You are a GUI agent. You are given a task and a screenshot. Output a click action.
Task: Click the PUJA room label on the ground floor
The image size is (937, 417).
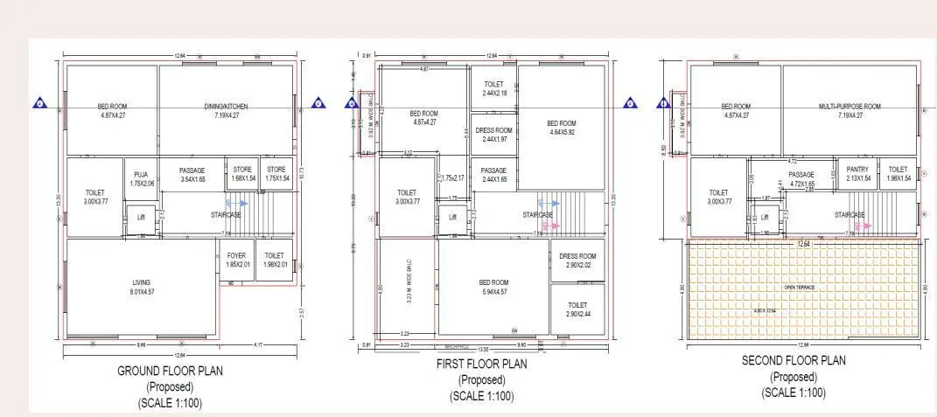[x=138, y=179]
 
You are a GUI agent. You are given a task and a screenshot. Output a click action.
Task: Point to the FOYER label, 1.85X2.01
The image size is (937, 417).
[x=236, y=261]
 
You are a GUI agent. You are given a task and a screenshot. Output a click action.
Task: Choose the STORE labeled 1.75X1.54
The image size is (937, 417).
[x=276, y=174]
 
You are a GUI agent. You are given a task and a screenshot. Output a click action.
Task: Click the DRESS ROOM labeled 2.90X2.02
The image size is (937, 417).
[x=577, y=259]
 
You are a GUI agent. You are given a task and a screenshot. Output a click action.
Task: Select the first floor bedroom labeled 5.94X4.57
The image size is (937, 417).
[x=493, y=287]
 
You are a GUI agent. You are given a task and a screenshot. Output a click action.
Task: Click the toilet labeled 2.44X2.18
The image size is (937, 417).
[x=493, y=88]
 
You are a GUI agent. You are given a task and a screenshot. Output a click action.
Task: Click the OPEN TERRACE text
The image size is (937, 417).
[x=801, y=286]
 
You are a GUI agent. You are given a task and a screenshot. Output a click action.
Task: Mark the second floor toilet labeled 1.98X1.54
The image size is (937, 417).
[x=898, y=174]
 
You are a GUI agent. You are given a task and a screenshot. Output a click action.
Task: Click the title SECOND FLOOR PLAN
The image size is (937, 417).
[x=794, y=360]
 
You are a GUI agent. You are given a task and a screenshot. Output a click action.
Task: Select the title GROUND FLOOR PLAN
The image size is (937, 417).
[x=170, y=371]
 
